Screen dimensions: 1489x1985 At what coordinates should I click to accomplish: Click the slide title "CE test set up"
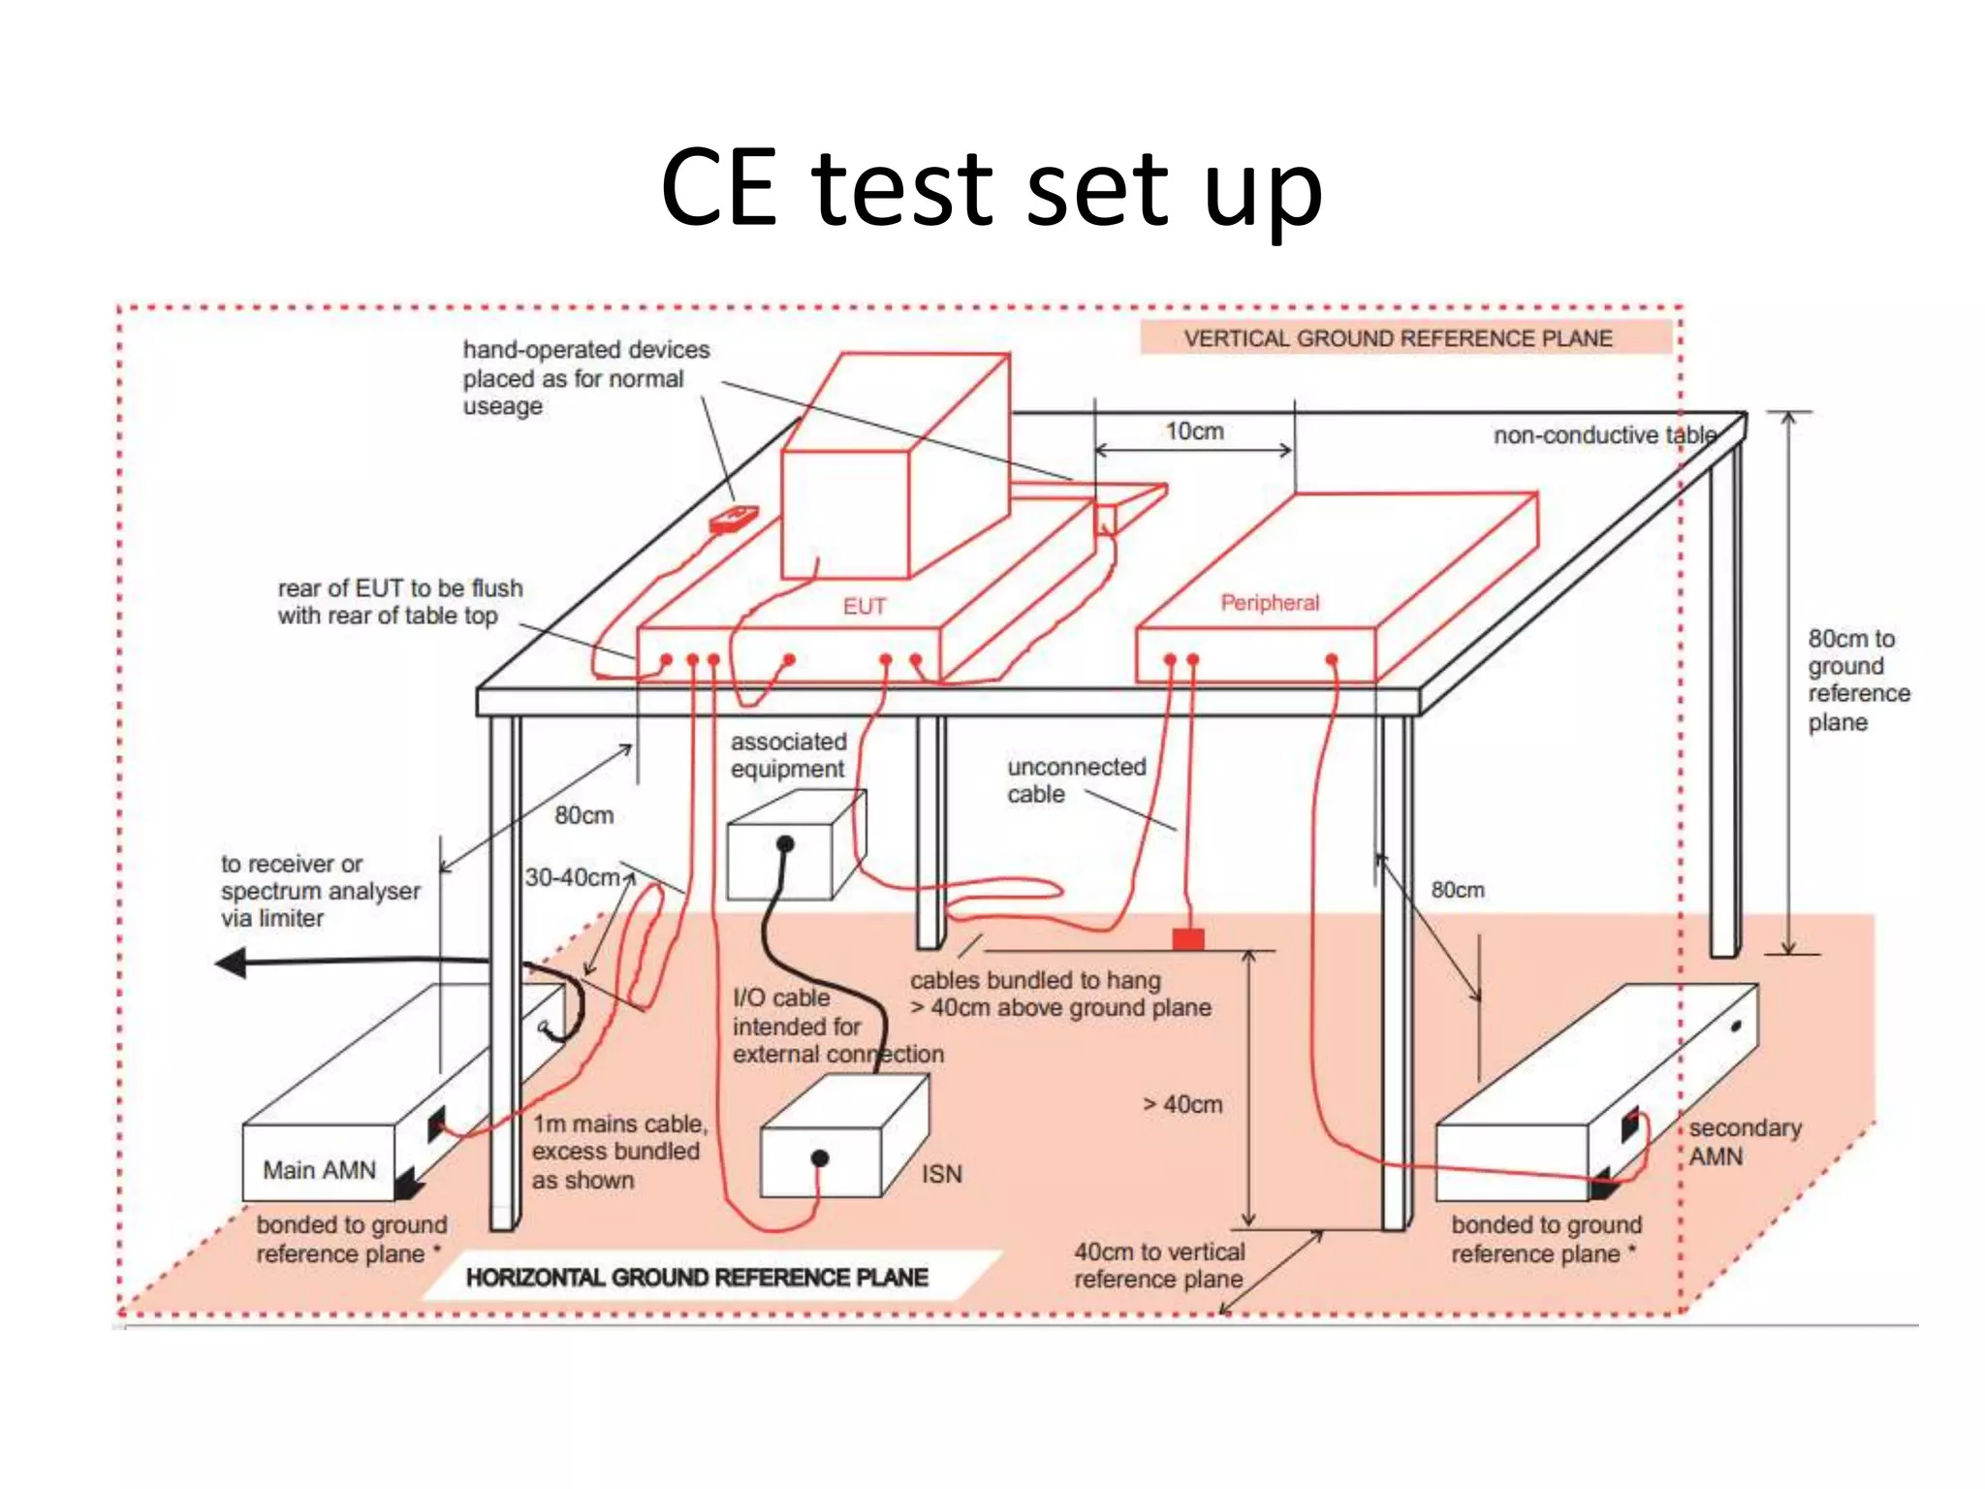coord(991,188)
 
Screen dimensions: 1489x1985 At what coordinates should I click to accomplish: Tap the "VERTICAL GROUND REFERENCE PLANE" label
coord(1398,338)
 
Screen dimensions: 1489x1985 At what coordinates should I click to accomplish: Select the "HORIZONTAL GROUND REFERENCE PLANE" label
coord(697,1278)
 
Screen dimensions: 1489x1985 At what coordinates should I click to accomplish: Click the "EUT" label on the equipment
coord(864,607)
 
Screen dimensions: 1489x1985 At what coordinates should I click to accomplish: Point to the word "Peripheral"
coord(1270,603)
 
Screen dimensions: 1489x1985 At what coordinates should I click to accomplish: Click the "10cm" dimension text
coord(1194,431)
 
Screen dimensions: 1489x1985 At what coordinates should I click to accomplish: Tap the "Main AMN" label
coord(319,1170)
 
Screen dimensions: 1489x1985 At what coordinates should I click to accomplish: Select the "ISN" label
coord(941,1174)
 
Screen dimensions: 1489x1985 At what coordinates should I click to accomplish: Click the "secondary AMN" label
coord(1744,1142)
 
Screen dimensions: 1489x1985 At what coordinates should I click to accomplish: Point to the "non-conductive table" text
coord(1604,435)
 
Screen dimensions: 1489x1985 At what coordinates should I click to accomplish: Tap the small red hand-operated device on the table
coord(734,520)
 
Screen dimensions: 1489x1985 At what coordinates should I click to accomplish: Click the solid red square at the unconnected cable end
coord(1188,938)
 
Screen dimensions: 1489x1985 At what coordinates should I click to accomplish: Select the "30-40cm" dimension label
coord(572,877)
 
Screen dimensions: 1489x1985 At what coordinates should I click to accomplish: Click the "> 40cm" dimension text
coord(1182,1104)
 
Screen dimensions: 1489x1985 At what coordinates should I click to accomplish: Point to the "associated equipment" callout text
coord(788,755)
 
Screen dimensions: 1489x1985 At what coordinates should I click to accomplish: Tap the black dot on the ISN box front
coord(820,1157)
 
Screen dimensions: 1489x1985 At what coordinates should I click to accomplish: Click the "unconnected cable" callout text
coord(1076,780)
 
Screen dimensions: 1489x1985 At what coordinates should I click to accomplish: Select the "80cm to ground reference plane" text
coord(1857,680)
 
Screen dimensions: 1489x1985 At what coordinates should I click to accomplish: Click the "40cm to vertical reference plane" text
coord(1158,1265)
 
